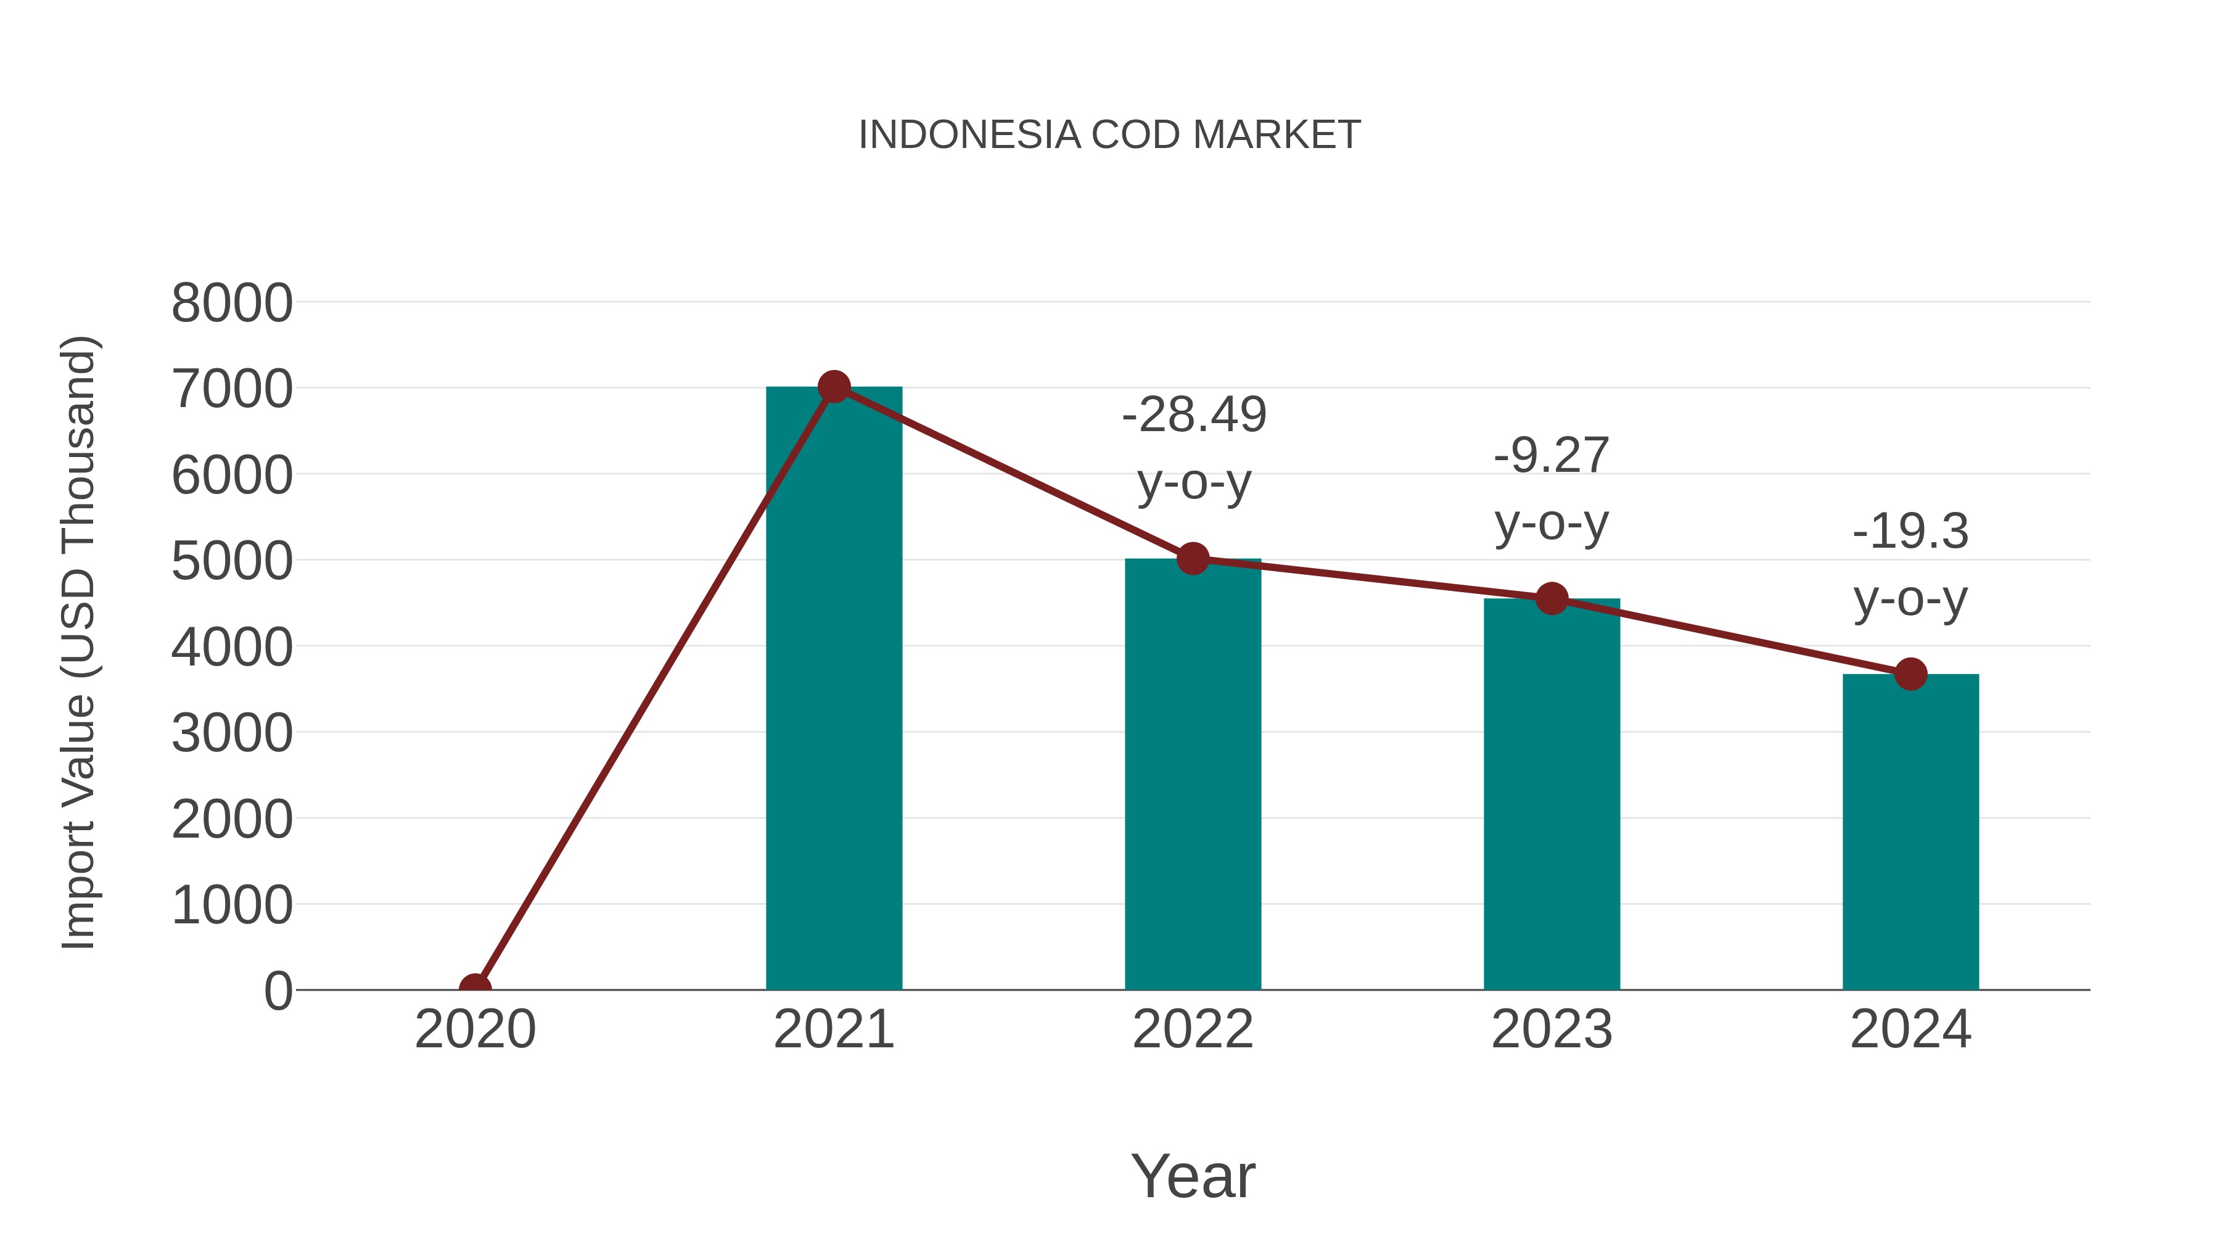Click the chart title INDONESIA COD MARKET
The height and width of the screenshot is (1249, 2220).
[1109, 135]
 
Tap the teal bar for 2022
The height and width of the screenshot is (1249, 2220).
[1193, 776]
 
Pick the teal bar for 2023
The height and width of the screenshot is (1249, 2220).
[1552, 793]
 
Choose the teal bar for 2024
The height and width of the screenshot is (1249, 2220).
[1910, 832]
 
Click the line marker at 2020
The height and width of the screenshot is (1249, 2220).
[475, 988]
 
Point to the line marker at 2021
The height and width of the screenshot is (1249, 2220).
[833, 387]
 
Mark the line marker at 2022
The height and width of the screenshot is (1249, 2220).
[1193, 559]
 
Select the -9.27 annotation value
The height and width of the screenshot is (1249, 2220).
[1552, 455]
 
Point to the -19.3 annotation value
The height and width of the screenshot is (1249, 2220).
[1910, 531]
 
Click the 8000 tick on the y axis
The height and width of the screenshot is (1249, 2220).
[232, 303]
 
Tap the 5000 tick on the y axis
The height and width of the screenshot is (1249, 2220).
[232, 561]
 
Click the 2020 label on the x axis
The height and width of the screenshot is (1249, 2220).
[475, 1029]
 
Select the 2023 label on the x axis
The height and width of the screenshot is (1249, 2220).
[1552, 1029]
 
